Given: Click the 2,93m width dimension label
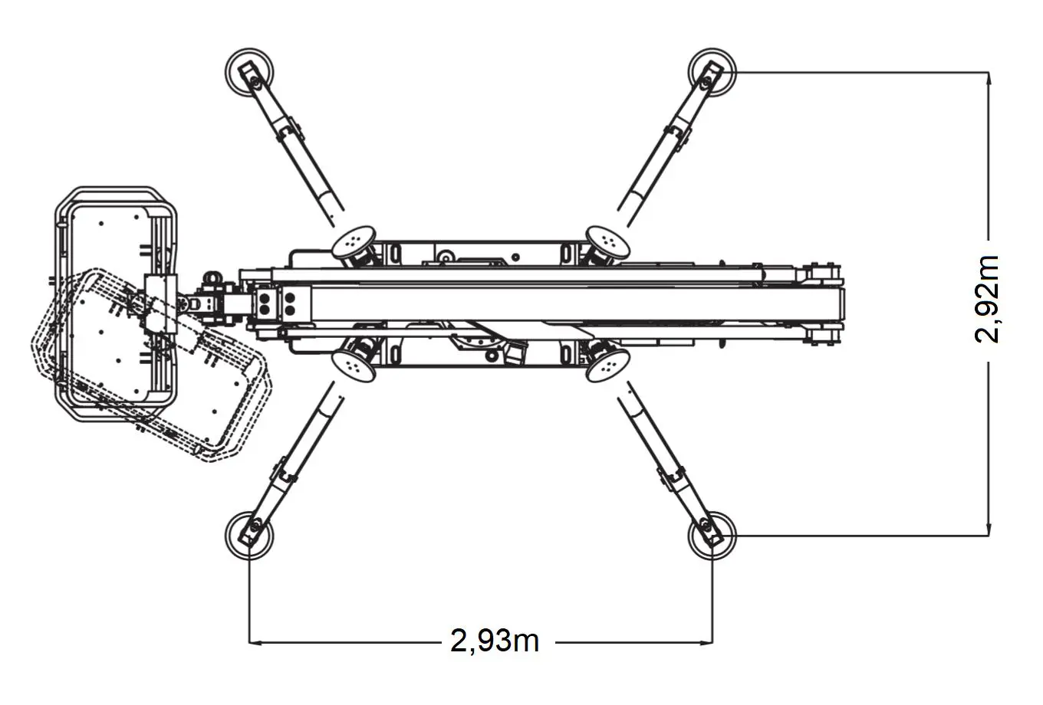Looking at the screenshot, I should (x=495, y=641).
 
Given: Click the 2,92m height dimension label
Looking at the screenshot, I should (x=988, y=299).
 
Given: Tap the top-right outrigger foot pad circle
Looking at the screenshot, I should (x=711, y=72).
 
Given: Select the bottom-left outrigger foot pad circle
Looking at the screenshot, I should (x=249, y=533).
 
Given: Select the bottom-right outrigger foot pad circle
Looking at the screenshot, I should (x=711, y=533).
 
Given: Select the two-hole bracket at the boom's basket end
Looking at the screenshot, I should (x=266, y=302).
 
